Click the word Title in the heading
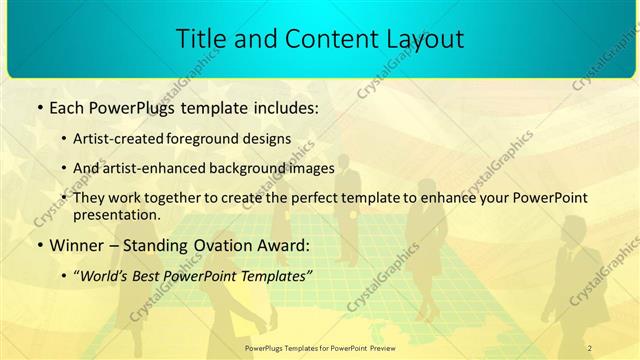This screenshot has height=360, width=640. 199,39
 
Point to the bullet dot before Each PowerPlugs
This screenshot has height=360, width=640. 38,106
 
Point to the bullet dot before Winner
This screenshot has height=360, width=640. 38,245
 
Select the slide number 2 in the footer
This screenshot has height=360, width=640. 590,347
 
